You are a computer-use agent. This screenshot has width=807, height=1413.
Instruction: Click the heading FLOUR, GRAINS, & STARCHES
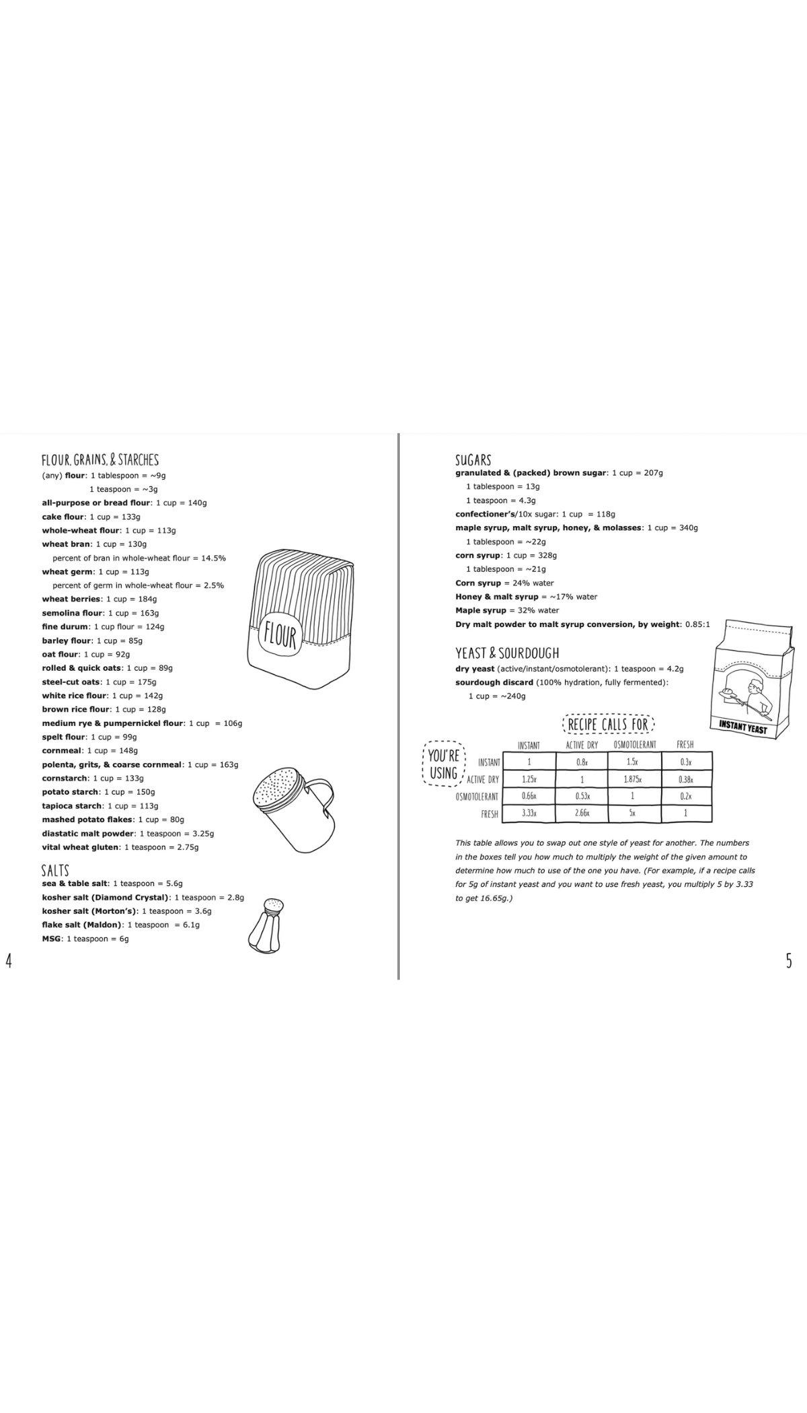[100, 460]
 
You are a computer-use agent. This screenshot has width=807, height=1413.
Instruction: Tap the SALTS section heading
[55, 870]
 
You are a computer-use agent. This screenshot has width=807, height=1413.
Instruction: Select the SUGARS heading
[473, 460]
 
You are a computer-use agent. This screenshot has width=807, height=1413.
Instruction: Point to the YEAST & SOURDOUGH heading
[507, 653]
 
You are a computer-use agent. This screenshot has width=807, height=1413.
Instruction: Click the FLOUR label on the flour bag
[280, 635]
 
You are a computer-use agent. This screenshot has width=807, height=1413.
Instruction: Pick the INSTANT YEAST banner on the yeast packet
[742, 727]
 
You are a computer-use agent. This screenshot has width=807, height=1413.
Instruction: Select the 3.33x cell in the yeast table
[529, 813]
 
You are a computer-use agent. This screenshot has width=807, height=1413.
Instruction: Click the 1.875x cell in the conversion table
[633, 779]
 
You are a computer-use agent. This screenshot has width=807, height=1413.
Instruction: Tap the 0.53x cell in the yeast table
[582, 796]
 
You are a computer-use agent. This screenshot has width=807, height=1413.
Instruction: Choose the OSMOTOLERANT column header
[635, 745]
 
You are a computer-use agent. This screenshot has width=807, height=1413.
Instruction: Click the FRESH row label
[490, 814]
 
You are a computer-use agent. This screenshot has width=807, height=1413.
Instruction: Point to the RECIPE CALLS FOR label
[608, 725]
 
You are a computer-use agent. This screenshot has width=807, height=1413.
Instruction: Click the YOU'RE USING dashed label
[444, 764]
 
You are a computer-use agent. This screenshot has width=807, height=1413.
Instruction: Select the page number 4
[9, 960]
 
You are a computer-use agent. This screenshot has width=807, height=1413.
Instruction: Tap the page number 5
[789, 961]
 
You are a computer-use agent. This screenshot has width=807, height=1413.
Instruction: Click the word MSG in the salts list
[51, 939]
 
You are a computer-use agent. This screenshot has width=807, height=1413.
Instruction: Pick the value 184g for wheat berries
[147, 599]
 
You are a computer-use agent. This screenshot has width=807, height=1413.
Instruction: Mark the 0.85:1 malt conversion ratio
[697, 624]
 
